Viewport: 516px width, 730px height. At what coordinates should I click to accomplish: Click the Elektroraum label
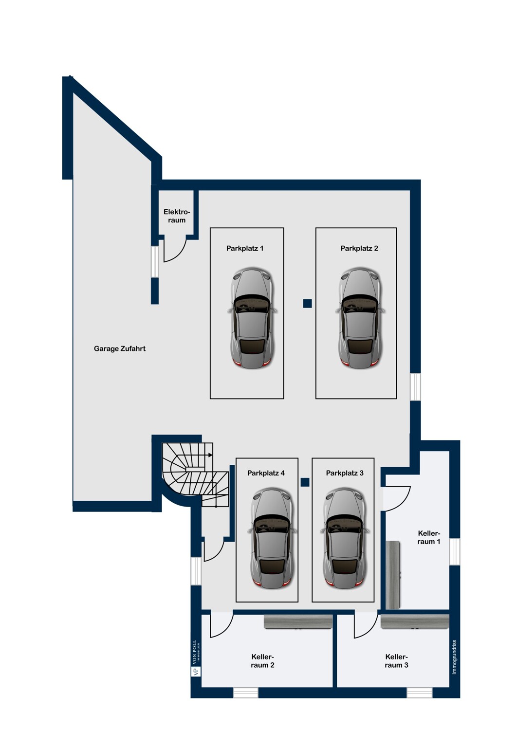pos(176,216)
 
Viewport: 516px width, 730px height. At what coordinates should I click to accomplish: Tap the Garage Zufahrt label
pos(120,348)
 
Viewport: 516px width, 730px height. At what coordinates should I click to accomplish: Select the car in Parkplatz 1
pos(252,318)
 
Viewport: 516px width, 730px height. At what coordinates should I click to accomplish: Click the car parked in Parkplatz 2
pos(360,318)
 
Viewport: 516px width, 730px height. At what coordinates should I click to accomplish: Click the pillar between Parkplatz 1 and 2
pos(307,303)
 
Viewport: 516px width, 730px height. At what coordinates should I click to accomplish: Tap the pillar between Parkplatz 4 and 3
pos(305,482)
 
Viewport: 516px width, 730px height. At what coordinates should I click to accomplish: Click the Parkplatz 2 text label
pos(359,248)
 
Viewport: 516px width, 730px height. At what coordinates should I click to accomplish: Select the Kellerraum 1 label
pos(429,537)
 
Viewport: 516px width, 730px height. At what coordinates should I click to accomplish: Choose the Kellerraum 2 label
pos(262,661)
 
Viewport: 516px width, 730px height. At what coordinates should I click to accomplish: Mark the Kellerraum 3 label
pos(396,661)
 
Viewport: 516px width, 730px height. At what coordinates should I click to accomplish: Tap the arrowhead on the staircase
pos(210,455)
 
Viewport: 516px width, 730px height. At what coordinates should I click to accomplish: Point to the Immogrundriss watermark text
pos(454,657)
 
